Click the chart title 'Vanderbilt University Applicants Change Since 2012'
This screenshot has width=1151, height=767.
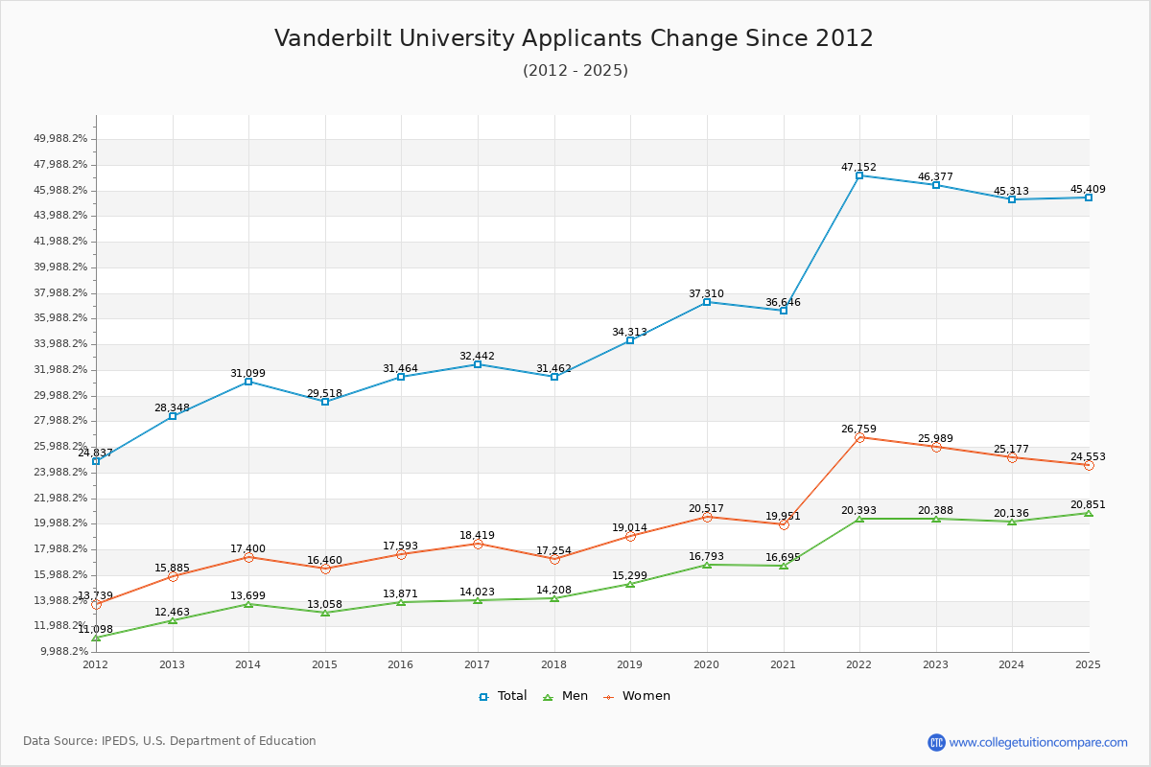point(574,38)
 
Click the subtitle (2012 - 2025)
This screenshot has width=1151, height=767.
point(575,71)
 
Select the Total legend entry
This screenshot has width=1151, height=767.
point(503,696)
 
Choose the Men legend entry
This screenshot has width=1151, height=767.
point(566,696)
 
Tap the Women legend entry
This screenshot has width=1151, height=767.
point(637,696)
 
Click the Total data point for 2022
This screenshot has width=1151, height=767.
point(859,175)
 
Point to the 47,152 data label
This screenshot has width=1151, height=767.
point(858,167)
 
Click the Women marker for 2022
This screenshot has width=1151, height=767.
point(859,437)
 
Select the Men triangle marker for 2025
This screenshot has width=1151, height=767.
point(1088,513)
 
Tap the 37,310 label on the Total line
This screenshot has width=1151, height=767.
point(706,293)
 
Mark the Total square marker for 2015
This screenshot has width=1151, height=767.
point(325,402)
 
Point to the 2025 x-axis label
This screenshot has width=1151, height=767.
point(1088,664)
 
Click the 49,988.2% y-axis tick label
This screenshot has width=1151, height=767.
point(60,139)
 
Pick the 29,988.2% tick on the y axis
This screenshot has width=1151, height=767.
point(60,395)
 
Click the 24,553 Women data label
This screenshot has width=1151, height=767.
point(1088,456)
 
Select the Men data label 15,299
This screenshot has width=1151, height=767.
point(630,575)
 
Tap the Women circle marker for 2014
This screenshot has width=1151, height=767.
point(248,557)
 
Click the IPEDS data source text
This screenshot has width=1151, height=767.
point(170,741)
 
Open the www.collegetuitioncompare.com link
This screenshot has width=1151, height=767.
point(1038,742)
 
